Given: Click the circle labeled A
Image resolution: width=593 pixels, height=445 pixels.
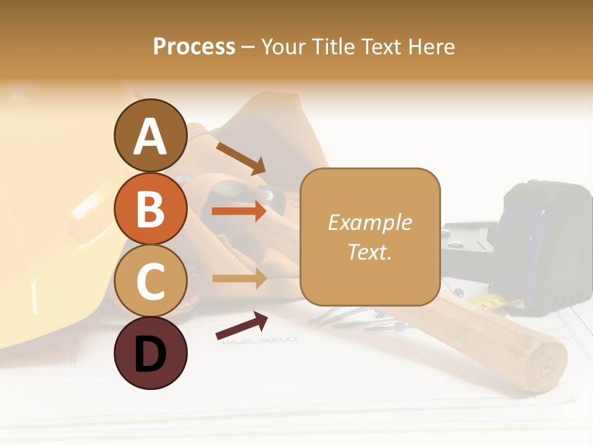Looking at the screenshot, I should (150, 135).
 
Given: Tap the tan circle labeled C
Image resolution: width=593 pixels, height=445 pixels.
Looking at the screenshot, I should (150, 281).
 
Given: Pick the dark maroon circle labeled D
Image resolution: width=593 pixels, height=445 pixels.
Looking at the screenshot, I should (150, 353).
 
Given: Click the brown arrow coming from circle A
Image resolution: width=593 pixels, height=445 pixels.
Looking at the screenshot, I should (240, 158).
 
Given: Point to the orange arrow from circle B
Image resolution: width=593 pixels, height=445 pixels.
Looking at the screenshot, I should (238, 211).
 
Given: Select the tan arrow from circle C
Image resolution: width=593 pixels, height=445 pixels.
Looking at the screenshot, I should (238, 278).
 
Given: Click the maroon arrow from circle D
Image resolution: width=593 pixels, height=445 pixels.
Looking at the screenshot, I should (242, 326).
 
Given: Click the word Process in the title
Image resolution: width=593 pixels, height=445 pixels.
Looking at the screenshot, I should (194, 46).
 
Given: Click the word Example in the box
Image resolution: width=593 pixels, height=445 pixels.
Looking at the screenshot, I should (369, 222).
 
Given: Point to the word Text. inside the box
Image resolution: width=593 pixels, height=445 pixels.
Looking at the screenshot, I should (369, 252).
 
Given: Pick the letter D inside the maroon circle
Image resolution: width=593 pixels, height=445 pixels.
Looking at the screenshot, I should (150, 354).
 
